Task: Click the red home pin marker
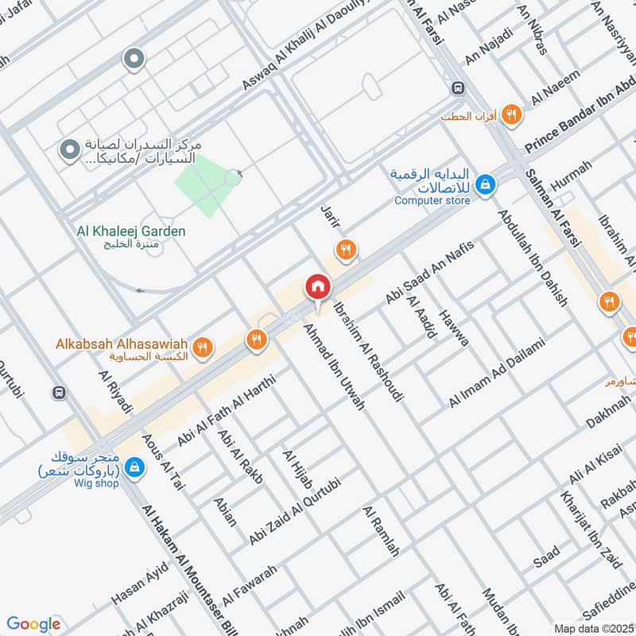pyautogui.click(x=317, y=287)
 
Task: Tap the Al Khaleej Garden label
pyautogui.click(x=131, y=231)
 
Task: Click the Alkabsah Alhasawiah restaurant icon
pyautogui.click(x=203, y=347)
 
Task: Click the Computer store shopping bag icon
pyautogui.click(x=484, y=185)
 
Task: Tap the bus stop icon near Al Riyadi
pyautogui.click(x=58, y=393)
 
